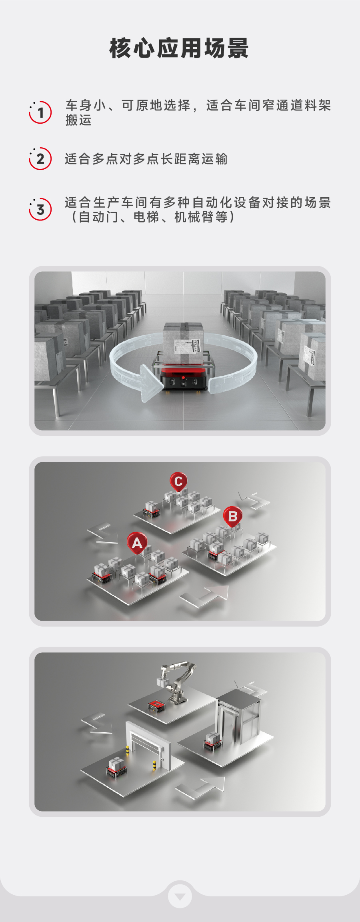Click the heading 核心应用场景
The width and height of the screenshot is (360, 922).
coord(179,48)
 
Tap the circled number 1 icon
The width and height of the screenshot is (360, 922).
coord(40,112)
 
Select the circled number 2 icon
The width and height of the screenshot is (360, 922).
coord(40,159)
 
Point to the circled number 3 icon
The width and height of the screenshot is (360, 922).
coord(40,209)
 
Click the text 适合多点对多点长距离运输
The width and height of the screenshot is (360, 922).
coord(146,159)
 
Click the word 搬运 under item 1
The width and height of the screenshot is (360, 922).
coord(79,120)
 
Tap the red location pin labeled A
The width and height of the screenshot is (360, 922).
coord(137,543)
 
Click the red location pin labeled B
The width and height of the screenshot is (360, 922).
coord(233,517)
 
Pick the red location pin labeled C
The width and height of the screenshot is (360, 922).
coord(178,482)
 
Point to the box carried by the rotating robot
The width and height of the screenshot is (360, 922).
coord(184,343)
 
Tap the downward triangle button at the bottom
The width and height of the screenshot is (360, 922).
coord(180,896)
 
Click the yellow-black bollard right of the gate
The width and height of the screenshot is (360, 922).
coord(154,764)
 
